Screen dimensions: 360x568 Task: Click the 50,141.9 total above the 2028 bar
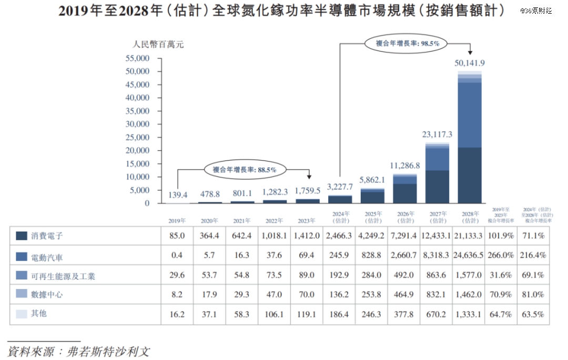(x=470, y=63)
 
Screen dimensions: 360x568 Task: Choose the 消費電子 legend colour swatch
(x=22, y=236)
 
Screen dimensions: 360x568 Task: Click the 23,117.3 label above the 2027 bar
(x=437, y=134)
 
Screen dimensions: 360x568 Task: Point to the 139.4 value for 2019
(x=177, y=195)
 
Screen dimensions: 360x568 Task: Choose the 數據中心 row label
(x=47, y=295)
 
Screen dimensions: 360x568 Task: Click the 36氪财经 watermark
(x=536, y=11)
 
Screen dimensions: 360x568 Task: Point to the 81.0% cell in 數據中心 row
(x=534, y=295)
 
